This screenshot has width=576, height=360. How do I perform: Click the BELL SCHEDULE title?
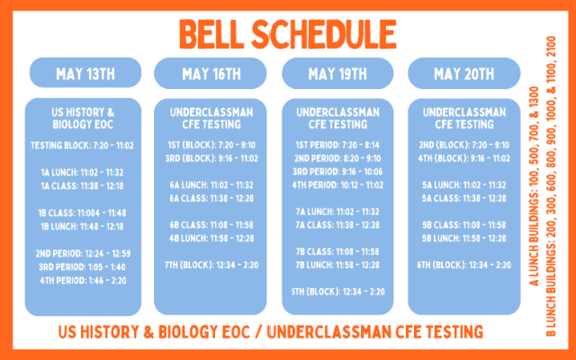click(288, 34)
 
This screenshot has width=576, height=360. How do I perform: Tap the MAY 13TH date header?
click(85, 74)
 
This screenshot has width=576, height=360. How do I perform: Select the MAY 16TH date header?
click(211, 74)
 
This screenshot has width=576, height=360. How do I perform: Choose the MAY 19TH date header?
click(337, 74)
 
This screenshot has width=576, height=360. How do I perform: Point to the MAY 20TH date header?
click(464, 74)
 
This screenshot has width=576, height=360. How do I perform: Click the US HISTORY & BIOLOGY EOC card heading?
click(83, 118)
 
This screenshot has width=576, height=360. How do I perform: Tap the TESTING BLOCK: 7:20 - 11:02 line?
click(82, 146)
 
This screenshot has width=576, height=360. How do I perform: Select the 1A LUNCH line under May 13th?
click(82, 172)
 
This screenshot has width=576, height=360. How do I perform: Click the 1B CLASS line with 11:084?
click(82, 213)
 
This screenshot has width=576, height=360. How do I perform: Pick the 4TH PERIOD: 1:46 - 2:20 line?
click(83, 281)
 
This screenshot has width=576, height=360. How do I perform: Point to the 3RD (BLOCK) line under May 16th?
click(211, 158)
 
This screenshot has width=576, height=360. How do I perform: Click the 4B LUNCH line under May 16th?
click(211, 238)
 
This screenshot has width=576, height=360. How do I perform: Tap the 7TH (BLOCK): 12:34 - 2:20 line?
click(211, 265)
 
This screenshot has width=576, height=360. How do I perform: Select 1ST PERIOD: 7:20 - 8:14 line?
click(337, 145)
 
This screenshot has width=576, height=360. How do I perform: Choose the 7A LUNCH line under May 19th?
click(337, 211)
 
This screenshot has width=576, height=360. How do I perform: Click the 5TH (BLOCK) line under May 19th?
click(338, 292)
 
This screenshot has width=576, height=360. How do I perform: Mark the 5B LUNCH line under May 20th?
click(464, 238)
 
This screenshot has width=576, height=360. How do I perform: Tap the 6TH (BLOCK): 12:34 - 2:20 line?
click(464, 265)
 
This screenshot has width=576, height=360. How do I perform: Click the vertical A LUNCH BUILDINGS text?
click(534, 186)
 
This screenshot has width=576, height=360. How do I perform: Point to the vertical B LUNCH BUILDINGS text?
click(551, 186)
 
